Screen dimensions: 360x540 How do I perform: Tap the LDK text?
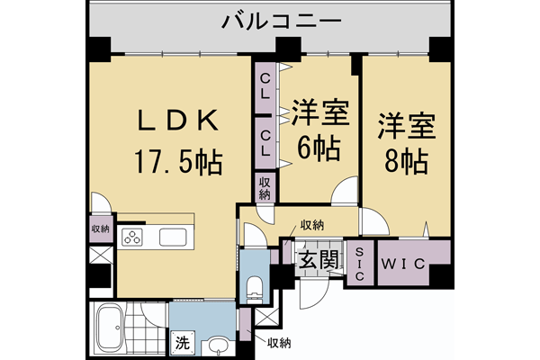tap(175, 121)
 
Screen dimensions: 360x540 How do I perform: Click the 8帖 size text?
tap(406, 162)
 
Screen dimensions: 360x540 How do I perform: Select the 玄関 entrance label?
tap(318, 262)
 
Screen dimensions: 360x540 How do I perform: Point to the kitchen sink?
tap(173, 238)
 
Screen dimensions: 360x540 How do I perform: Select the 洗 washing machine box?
tap(182, 342)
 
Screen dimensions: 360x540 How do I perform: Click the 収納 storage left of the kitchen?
tap(100, 229)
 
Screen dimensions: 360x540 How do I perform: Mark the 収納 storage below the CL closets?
tap(265, 188)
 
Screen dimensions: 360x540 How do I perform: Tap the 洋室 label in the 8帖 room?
tap(406, 124)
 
